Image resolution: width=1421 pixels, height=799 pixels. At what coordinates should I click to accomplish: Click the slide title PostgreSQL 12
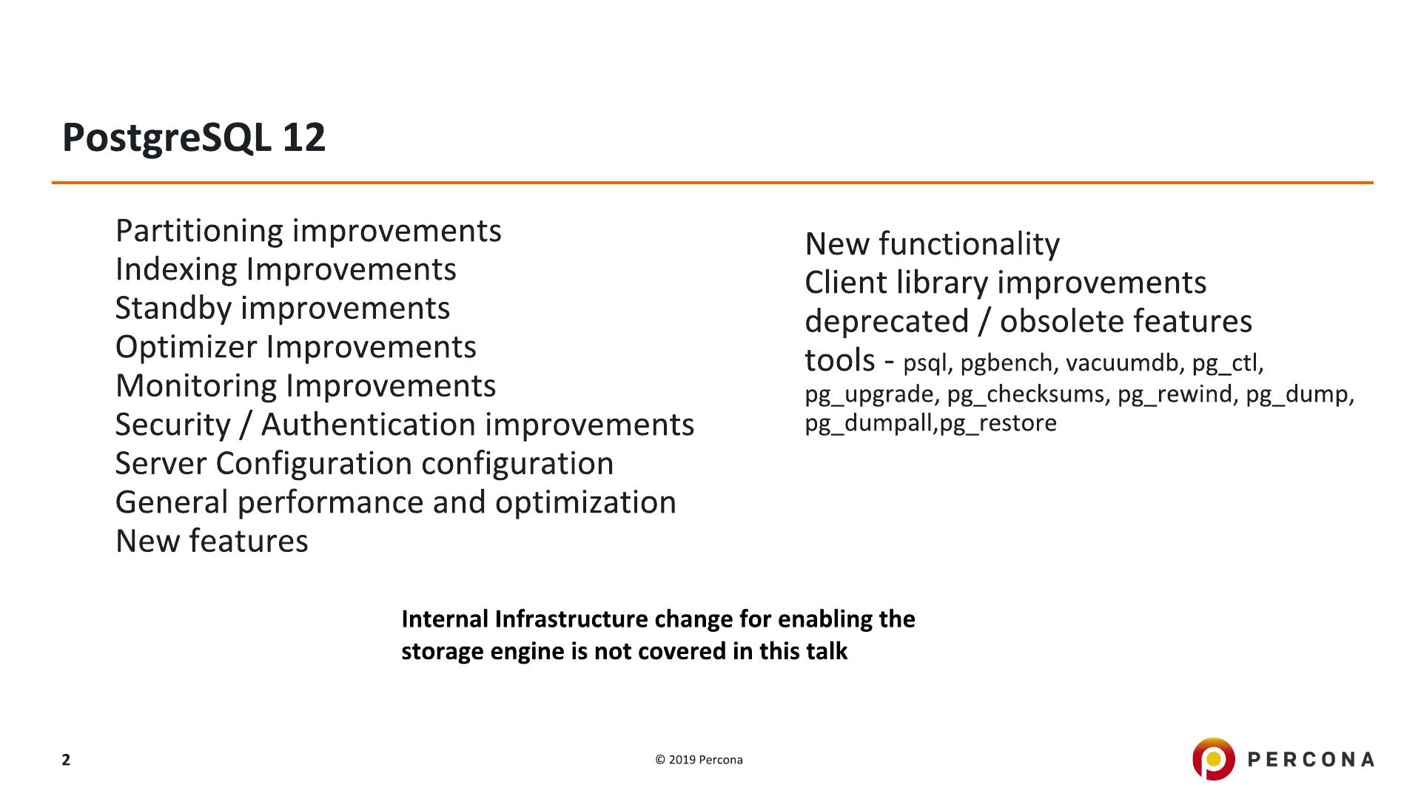pyautogui.click(x=194, y=138)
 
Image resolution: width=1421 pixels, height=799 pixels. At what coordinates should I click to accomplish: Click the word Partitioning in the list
pyautogui.click(x=199, y=232)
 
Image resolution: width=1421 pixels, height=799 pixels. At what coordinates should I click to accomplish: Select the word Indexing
pyautogui.click(x=176, y=270)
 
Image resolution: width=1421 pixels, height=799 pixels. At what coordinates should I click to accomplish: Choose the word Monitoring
pyautogui.click(x=196, y=386)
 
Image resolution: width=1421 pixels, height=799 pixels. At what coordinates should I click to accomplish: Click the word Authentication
pyautogui.click(x=368, y=425)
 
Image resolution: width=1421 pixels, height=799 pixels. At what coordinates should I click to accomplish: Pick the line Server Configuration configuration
pyautogui.click(x=365, y=464)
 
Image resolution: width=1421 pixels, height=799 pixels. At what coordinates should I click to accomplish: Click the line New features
pyautogui.click(x=212, y=541)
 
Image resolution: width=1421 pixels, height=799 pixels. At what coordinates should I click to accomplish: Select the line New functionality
pyautogui.click(x=933, y=244)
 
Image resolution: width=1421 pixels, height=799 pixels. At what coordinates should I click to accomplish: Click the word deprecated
pyautogui.click(x=887, y=322)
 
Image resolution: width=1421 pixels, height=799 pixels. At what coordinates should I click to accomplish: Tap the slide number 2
pyautogui.click(x=66, y=760)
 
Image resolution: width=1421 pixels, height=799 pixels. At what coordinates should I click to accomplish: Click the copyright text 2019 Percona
pyautogui.click(x=705, y=760)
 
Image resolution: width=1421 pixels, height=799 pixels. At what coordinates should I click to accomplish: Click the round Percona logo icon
pyautogui.click(x=1214, y=759)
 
